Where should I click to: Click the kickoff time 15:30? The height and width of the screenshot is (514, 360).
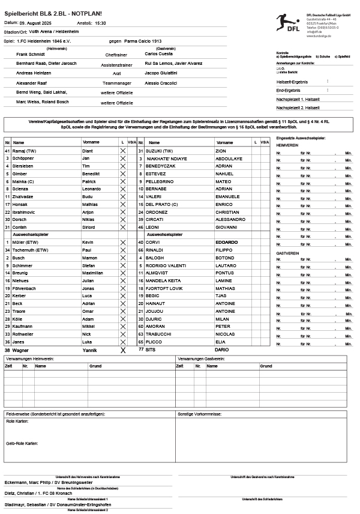click(x=100, y=23)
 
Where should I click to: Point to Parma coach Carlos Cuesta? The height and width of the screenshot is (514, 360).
click(x=158, y=53)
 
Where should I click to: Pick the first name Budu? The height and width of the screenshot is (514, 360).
click(x=88, y=196)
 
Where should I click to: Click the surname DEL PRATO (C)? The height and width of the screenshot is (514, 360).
click(x=163, y=204)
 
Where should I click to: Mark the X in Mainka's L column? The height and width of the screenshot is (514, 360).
click(x=122, y=181)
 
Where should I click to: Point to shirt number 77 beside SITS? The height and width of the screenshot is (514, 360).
click(x=142, y=349)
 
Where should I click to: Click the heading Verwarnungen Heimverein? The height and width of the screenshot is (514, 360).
click(x=29, y=358)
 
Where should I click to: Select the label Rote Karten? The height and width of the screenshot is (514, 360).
click(x=17, y=422)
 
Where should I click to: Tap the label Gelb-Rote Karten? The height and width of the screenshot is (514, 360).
click(x=22, y=443)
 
